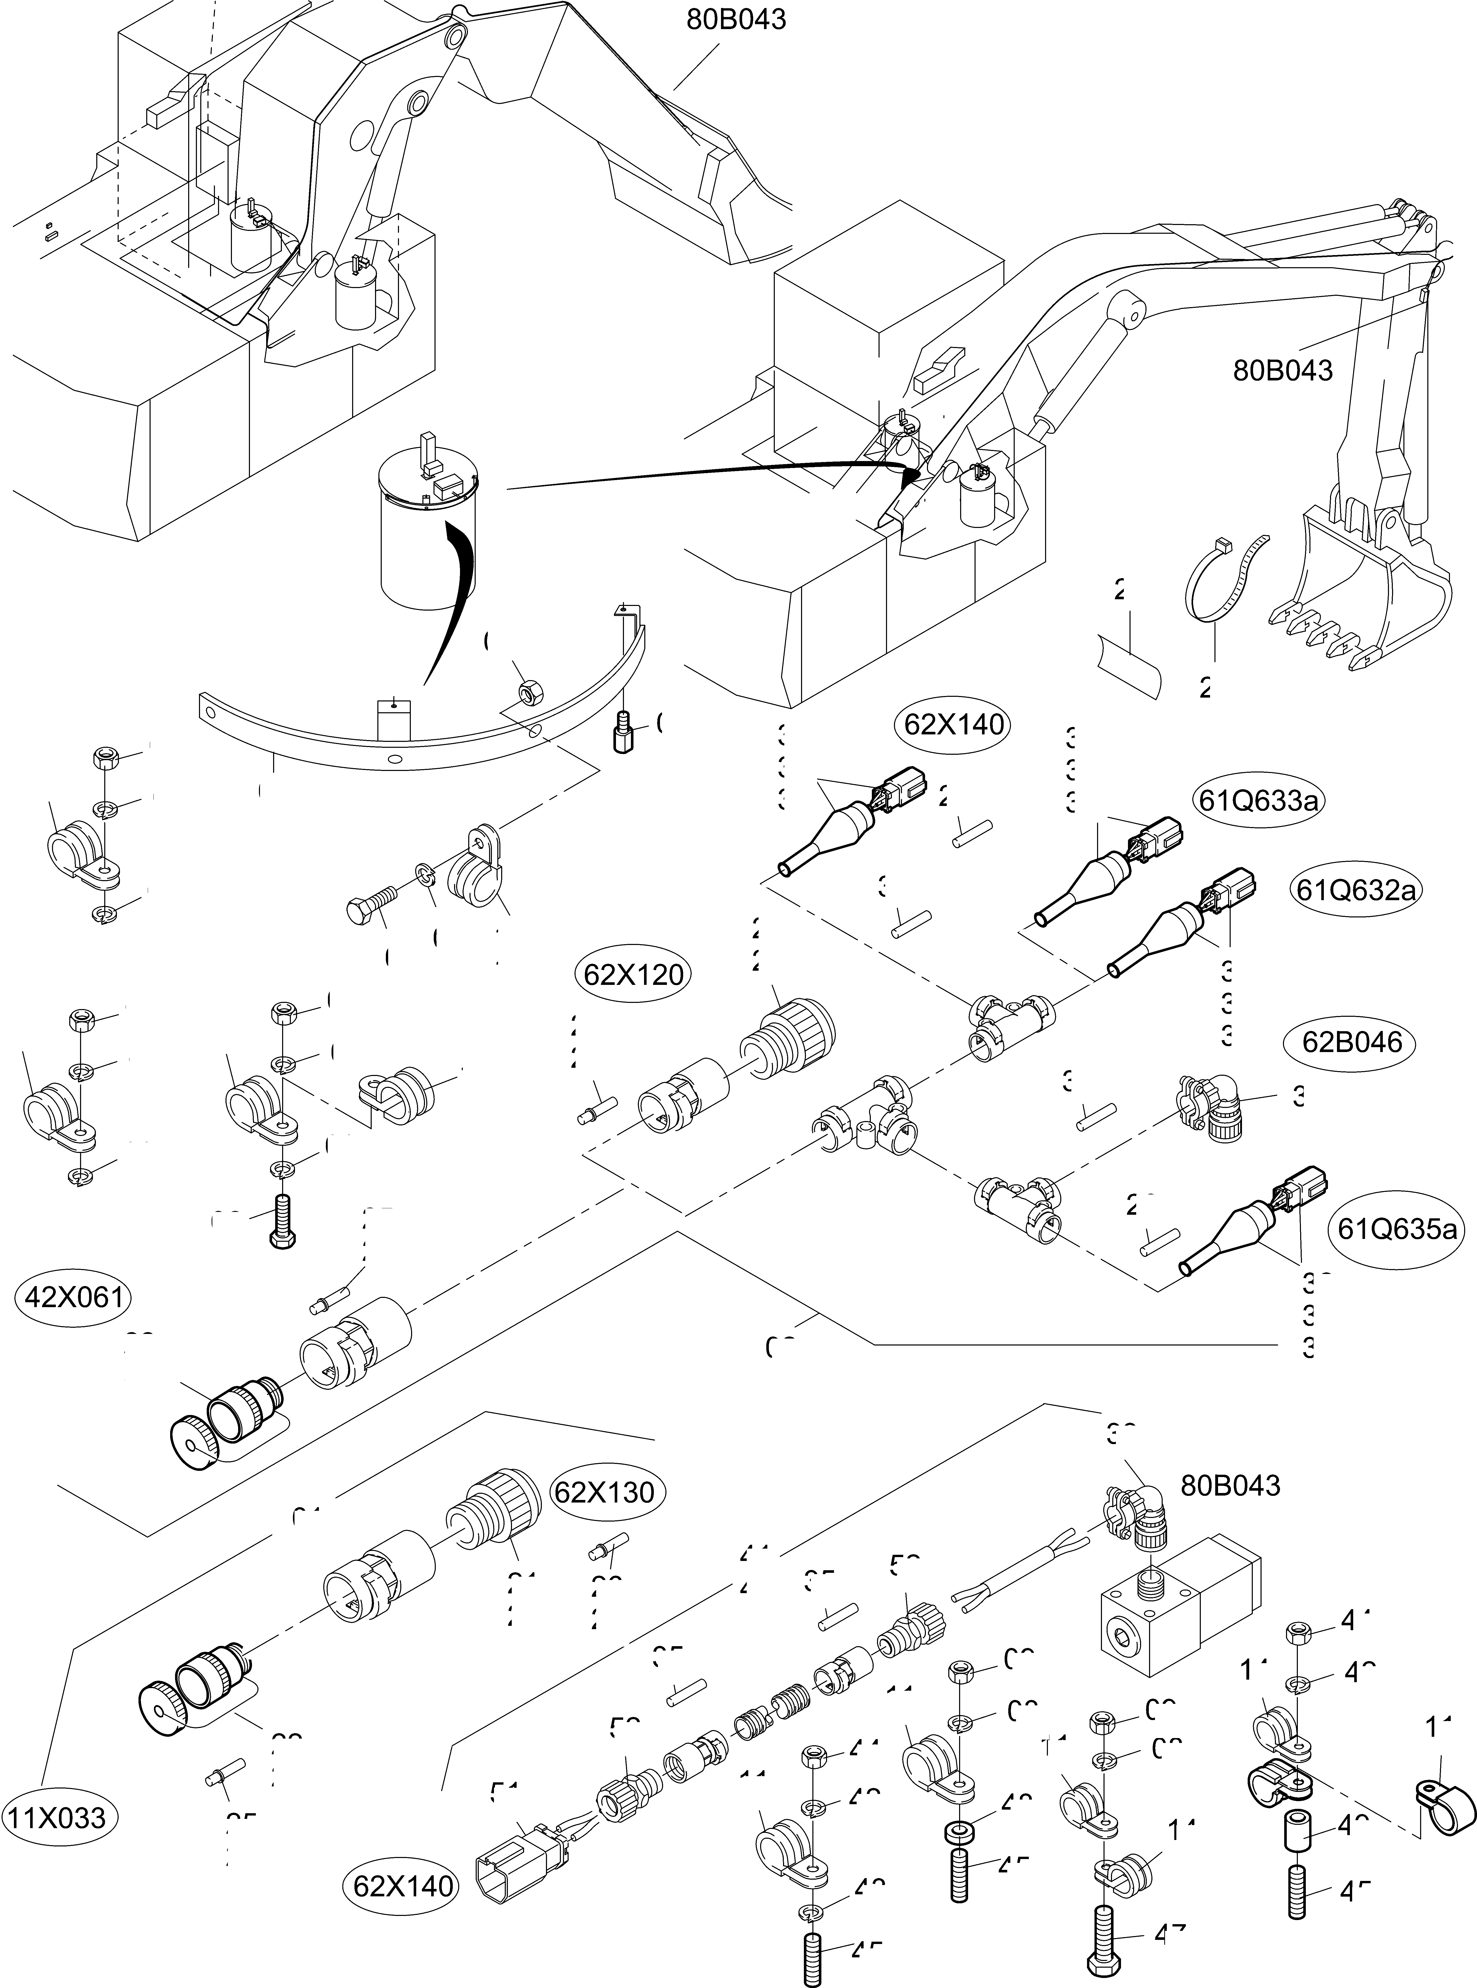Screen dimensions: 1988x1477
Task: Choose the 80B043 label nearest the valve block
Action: coord(1230,1485)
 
